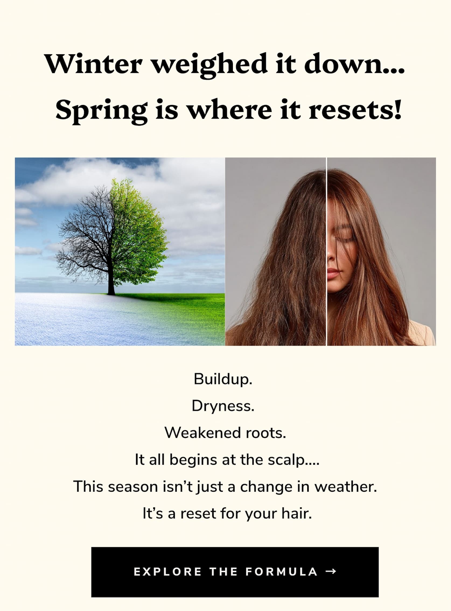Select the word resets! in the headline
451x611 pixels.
(x=355, y=110)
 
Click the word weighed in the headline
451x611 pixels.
(x=209, y=66)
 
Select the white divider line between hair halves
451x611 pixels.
(x=327, y=252)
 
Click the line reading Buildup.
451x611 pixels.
(x=223, y=379)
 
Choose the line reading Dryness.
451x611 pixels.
(x=223, y=406)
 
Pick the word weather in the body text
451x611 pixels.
(x=346, y=487)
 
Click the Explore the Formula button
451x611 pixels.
(x=235, y=572)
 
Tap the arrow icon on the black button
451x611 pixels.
(x=331, y=572)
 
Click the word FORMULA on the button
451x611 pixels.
(x=281, y=572)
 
